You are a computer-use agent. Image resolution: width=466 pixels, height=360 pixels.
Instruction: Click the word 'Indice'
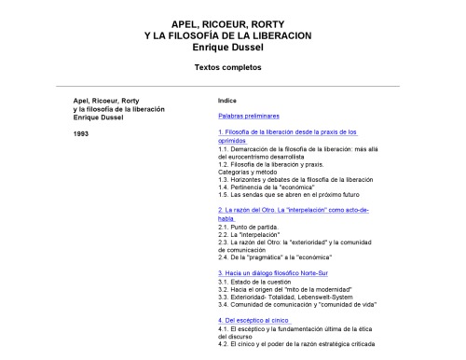tap(226, 99)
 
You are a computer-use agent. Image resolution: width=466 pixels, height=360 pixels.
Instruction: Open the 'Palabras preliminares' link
tap(249, 116)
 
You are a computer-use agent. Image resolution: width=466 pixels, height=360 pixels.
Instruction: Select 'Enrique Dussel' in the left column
tap(98, 116)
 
